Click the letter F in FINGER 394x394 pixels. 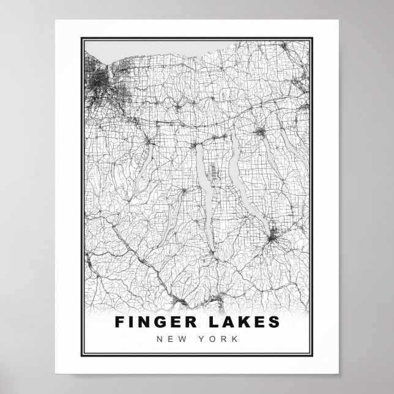[119, 322]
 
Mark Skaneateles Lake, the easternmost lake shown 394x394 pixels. [288, 147]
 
